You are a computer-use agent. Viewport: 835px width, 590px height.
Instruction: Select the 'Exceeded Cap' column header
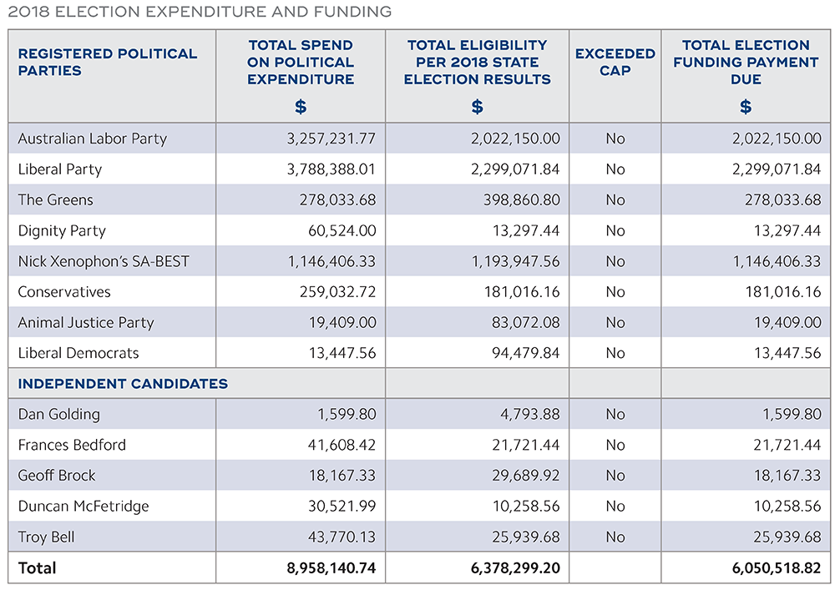coord(615,62)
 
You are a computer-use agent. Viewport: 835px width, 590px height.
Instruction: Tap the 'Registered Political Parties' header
coord(108,62)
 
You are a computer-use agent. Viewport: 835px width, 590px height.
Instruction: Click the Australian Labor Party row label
coord(93,139)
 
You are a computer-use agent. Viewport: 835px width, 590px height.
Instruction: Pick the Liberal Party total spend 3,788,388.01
coord(331,169)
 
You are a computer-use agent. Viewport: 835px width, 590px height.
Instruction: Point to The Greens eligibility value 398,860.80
coord(515,200)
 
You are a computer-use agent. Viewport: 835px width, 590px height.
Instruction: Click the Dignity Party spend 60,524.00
coord(342,231)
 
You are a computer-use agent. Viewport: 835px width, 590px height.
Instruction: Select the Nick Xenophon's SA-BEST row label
coord(104,261)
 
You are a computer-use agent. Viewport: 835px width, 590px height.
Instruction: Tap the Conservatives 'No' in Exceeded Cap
coord(615,292)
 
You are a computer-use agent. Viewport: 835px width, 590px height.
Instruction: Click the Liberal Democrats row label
coord(78,353)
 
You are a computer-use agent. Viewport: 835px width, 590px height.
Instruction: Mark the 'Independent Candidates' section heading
coord(123,384)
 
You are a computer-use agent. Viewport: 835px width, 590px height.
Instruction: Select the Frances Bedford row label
coord(72,445)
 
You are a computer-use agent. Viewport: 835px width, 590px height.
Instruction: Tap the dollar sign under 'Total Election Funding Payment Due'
coord(746,107)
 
